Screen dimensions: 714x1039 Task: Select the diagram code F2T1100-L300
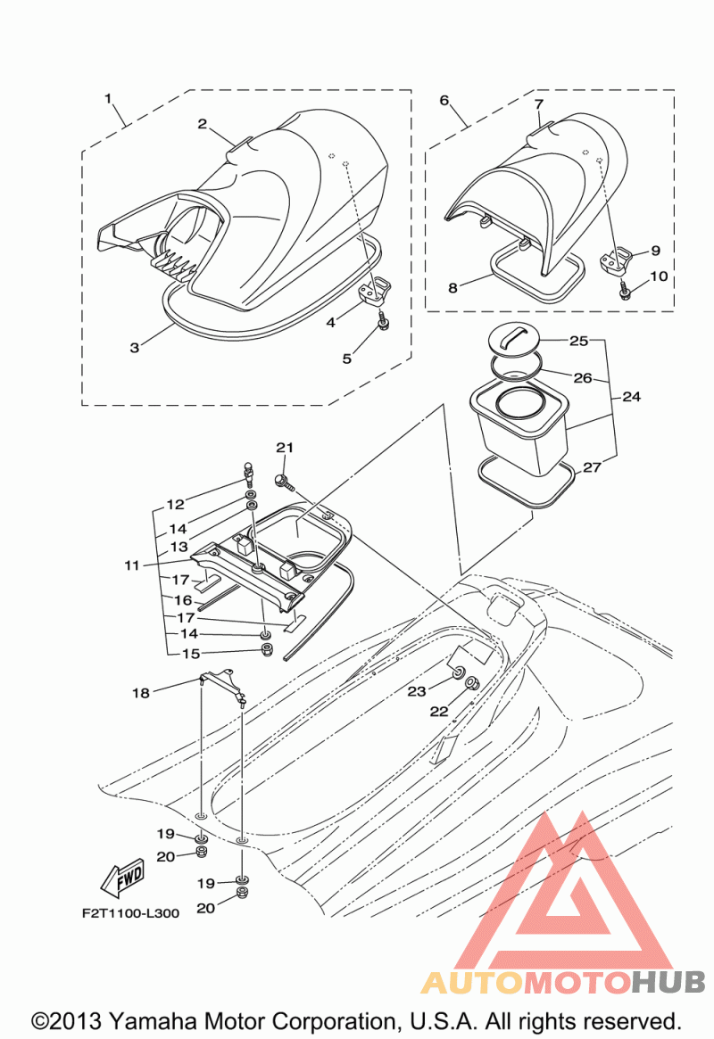pyautogui.click(x=130, y=913)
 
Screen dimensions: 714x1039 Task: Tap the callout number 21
pyautogui.click(x=285, y=448)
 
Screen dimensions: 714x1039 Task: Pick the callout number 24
pyautogui.click(x=631, y=396)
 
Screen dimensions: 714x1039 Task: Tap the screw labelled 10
pyautogui.click(x=624, y=290)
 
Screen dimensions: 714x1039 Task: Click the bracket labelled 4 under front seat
pyautogui.click(x=374, y=290)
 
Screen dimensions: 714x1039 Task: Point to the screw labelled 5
pyautogui.click(x=383, y=321)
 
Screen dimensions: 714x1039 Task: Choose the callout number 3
pyautogui.click(x=135, y=347)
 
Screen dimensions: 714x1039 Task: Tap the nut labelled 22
pyautogui.click(x=473, y=682)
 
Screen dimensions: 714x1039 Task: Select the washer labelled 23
pyautogui.click(x=458, y=674)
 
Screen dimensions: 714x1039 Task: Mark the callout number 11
pyautogui.click(x=132, y=565)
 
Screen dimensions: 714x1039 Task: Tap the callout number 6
pyautogui.click(x=444, y=100)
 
